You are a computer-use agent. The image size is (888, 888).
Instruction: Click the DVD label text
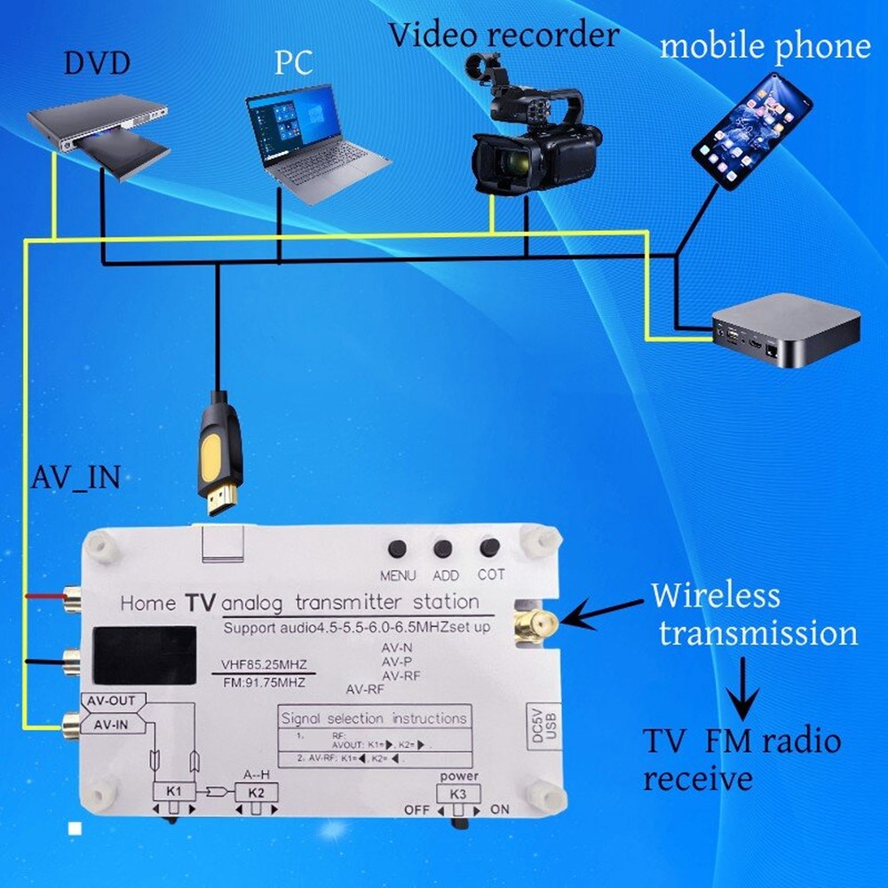coord(97,64)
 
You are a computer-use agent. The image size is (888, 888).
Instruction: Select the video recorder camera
coord(533,133)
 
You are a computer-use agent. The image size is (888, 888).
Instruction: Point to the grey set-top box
coord(785,330)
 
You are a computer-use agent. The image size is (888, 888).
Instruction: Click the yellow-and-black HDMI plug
coord(218,453)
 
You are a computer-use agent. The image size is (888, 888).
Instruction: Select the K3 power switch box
coord(457,794)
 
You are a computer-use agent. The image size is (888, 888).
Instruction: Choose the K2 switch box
coord(256,790)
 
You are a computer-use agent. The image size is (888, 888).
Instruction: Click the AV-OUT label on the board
coord(112,702)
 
